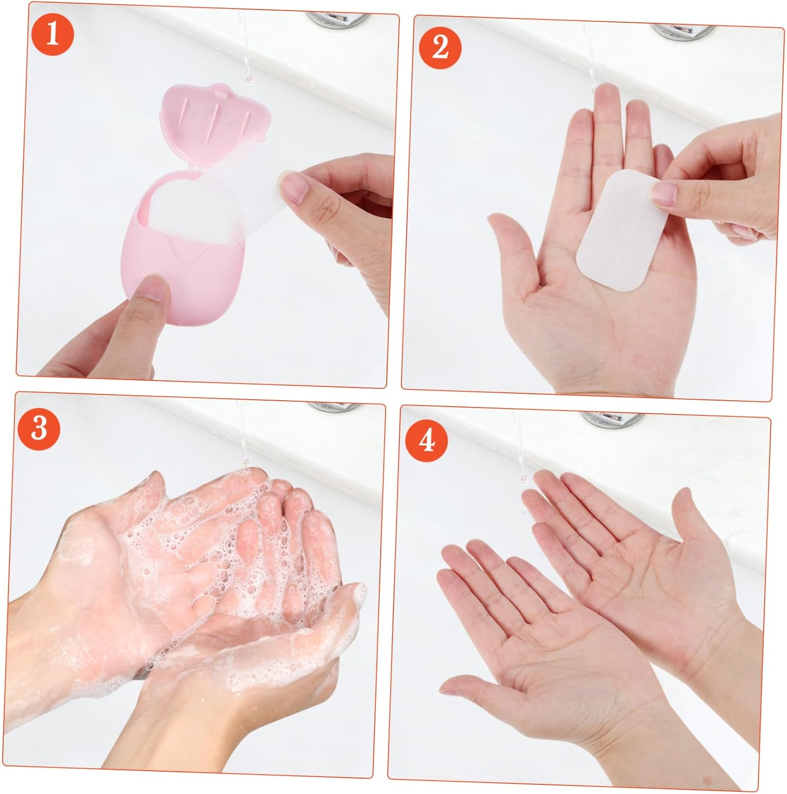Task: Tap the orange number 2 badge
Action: pos(440,47)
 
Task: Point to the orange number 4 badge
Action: pos(427,440)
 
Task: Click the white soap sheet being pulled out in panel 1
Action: pos(222,201)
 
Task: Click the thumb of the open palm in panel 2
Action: pos(508,233)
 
